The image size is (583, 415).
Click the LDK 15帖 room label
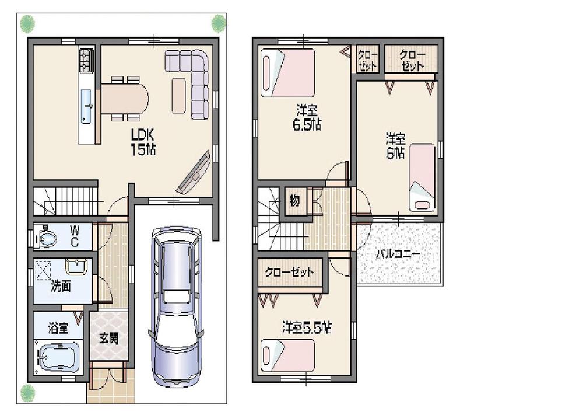pos(142,141)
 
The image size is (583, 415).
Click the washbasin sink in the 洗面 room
pos(76,267)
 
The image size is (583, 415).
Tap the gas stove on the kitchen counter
pos(86,60)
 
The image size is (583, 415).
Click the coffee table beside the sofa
pos(178,96)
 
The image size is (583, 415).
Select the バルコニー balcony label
pos(398,254)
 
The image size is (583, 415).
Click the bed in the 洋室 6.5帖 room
pos(288,73)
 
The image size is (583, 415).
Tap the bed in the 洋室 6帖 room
pos(422,177)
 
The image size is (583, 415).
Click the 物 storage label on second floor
pos(295,201)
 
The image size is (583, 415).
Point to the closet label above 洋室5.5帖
pos(289,273)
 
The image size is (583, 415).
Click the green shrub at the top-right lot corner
pos(218,23)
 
